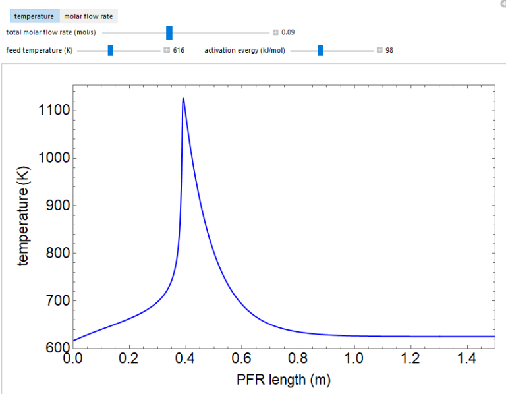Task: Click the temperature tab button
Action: pos(34,16)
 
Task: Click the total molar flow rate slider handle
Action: pos(169,32)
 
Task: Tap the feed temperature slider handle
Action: pos(110,50)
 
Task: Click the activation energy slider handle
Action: pos(320,50)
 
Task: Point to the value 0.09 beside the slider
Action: pos(288,32)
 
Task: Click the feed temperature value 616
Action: pos(179,50)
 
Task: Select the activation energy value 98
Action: pos(389,50)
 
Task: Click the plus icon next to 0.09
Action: pos(275,32)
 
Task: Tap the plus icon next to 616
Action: pos(167,50)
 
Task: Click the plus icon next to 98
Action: pos(379,50)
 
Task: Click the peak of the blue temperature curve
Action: pos(183,98)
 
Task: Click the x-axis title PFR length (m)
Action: pos(283,380)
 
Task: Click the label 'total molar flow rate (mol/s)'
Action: pos(49,32)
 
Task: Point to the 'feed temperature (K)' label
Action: pos(39,50)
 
